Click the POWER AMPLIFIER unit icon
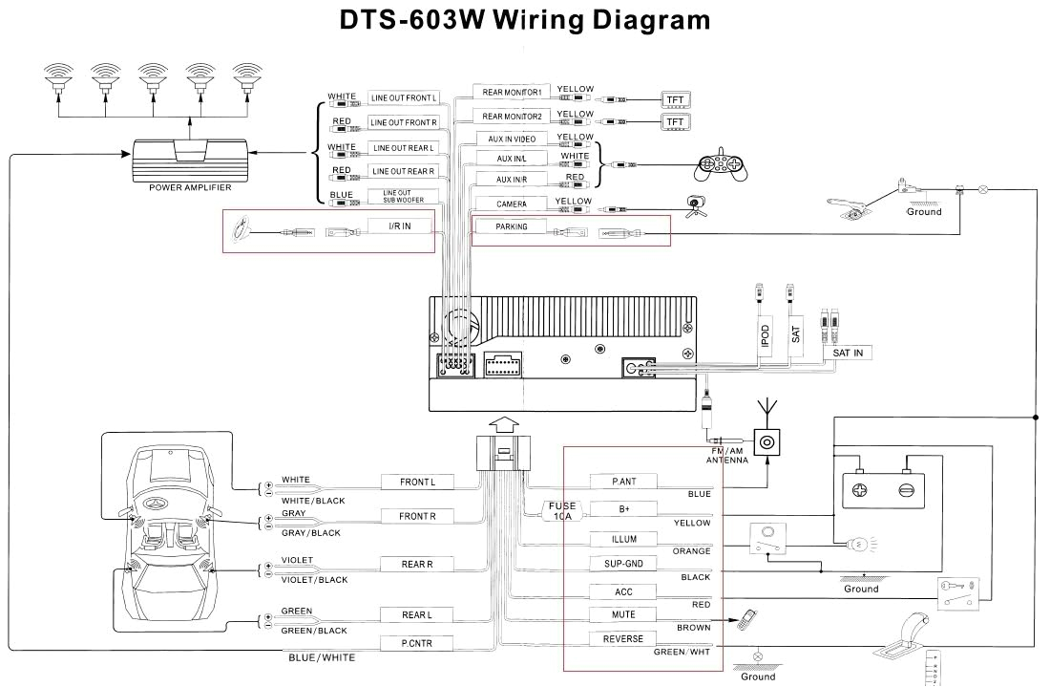[190, 160]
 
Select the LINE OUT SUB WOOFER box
[403, 196]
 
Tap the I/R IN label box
[400, 226]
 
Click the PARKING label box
[511, 227]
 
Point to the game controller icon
[721, 166]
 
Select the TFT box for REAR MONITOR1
[675, 99]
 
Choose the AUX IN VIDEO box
[511, 140]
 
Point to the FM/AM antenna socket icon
[767, 441]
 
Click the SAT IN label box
[847, 354]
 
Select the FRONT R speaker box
[417, 516]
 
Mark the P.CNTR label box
[417, 644]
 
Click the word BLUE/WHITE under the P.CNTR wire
[322, 657]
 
